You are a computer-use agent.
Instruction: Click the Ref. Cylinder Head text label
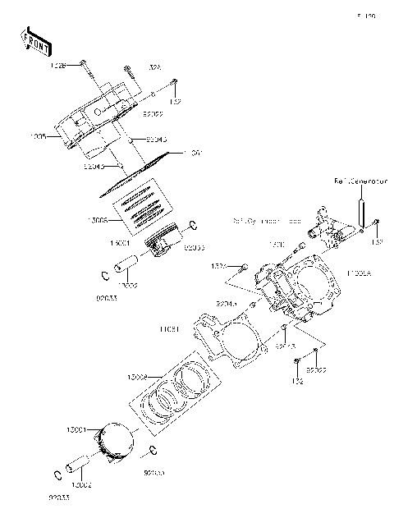267,222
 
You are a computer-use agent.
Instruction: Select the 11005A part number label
360,272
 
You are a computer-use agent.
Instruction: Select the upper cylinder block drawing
98,123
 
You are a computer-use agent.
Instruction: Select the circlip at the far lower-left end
57,474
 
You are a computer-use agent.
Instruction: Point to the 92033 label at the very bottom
58,498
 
